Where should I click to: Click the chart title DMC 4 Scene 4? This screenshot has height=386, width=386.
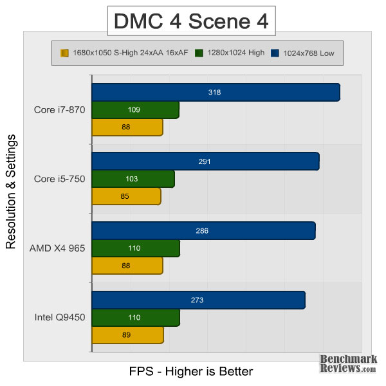(x=192, y=21)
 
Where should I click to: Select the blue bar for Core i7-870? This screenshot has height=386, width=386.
(x=216, y=92)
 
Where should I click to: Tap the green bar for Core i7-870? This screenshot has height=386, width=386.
(x=135, y=110)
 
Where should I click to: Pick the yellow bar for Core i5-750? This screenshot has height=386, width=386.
(x=126, y=196)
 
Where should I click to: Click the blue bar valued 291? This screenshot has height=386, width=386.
(x=205, y=161)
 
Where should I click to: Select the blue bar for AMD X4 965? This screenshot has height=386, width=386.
(x=203, y=230)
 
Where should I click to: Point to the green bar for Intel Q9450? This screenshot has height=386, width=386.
(x=136, y=318)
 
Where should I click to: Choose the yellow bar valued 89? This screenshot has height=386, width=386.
(x=127, y=335)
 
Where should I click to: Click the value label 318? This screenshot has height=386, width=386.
(x=215, y=92)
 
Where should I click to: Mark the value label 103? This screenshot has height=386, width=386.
(x=133, y=179)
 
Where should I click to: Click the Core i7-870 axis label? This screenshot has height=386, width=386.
(x=59, y=109)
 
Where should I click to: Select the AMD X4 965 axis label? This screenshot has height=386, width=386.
(x=58, y=248)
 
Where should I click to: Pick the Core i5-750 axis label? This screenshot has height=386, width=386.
(x=59, y=179)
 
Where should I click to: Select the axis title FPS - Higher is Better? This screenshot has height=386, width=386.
(x=191, y=371)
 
